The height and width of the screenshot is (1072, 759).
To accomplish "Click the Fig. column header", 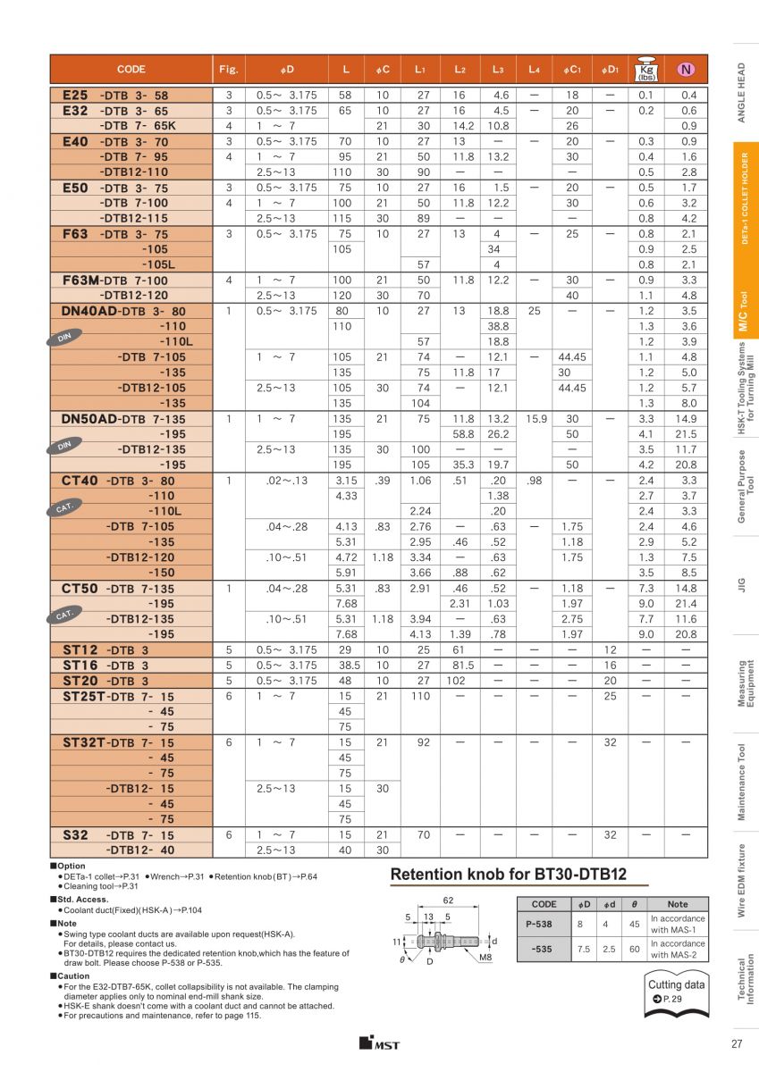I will click(x=228, y=70).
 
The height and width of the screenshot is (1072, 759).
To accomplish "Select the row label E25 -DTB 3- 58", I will click(x=115, y=95).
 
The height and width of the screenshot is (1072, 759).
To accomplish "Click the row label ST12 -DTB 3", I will click(x=105, y=650).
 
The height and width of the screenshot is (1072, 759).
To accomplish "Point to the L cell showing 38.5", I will click(x=344, y=666).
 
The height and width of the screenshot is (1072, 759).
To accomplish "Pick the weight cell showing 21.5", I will click(x=688, y=434).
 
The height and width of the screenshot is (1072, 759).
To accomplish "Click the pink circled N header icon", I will click(x=686, y=70).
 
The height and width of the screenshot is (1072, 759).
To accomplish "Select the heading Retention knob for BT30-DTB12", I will click(x=508, y=875).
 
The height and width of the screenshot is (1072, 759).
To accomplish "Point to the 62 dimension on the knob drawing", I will click(x=449, y=901).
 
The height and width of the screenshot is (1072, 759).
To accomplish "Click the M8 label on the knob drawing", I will click(x=485, y=958).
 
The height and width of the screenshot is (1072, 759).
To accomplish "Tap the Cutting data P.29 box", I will click(x=676, y=992).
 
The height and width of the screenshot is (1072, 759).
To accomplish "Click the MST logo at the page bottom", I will click(x=379, y=1044).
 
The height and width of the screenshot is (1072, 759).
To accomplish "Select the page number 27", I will click(x=737, y=1044).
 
